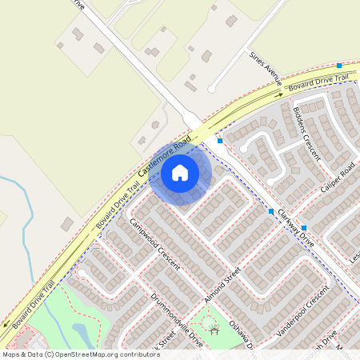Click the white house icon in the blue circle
point(180,172)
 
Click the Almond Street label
point(222,285)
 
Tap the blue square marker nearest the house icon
point(220,140)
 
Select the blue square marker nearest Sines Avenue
point(340,66)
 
